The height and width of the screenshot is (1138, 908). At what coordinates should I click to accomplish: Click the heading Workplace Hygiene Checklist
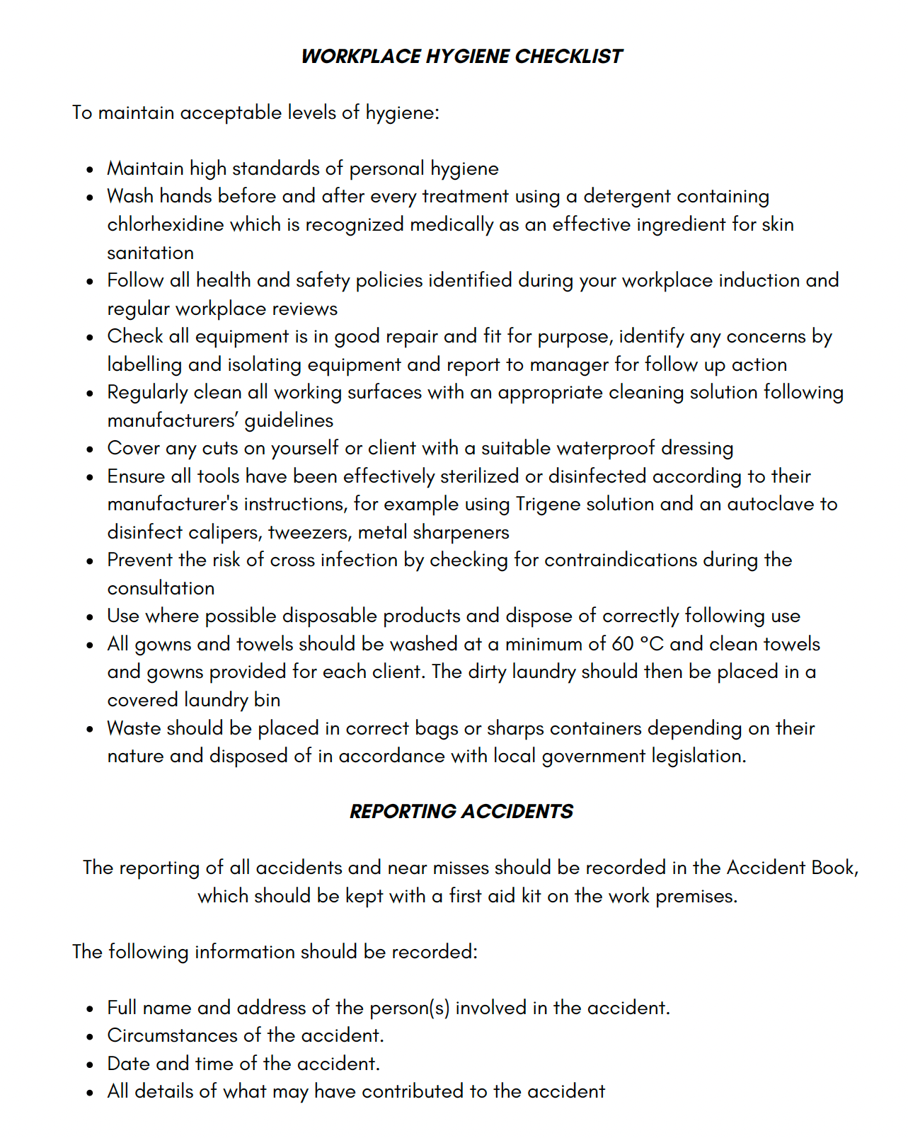[x=461, y=57]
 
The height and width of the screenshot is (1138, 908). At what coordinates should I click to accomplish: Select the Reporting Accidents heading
[x=461, y=811]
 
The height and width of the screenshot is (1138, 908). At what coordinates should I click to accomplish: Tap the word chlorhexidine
[x=165, y=224]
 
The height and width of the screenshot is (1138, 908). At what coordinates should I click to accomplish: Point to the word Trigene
[x=548, y=504]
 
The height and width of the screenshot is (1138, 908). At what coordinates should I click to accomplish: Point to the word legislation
[x=698, y=756]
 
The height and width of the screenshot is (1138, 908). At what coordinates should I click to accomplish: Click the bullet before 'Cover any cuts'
[x=90, y=449]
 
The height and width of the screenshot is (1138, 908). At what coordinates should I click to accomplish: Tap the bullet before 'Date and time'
[x=90, y=1064]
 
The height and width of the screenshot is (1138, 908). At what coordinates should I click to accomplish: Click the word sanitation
[x=150, y=253]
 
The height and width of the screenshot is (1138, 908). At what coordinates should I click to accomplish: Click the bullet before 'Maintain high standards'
[x=90, y=170]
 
